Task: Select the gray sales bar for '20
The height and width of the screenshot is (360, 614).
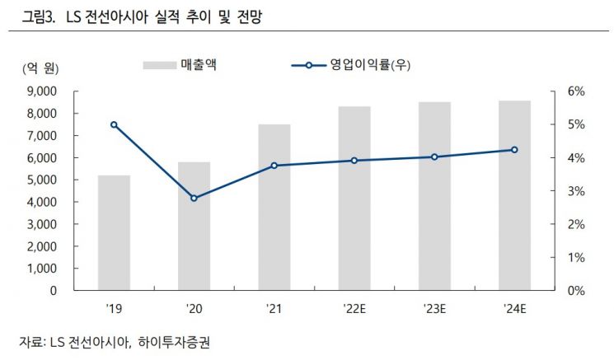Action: coord(194,226)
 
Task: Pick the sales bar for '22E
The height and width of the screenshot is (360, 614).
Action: coord(354,198)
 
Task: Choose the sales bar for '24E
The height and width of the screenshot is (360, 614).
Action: coord(514,195)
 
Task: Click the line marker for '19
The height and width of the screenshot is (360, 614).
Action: coord(114,124)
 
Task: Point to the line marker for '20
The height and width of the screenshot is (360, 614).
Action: coord(194,199)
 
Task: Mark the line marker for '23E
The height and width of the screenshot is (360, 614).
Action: coord(434,157)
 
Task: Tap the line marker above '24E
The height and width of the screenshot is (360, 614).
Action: coord(514,150)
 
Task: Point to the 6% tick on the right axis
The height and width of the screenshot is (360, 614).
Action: coord(574,91)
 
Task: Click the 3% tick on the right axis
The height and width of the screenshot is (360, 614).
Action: coord(574,191)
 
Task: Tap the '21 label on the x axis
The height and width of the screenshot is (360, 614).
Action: coord(274,310)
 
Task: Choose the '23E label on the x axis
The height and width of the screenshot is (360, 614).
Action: coord(434,310)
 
